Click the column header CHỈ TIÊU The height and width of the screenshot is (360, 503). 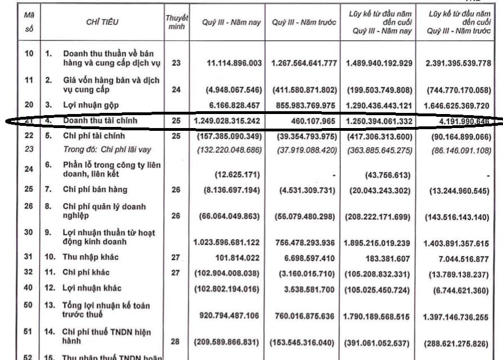(x=103, y=22)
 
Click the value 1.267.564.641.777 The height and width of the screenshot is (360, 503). (x=304, y=63)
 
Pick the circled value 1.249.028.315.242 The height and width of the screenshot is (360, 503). (x=227, y=121)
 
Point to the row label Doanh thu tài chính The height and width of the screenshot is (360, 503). (x=100, y=120)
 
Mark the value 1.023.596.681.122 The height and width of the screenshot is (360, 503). (x=227, y=242)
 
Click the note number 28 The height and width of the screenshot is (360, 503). (x=176, y=341)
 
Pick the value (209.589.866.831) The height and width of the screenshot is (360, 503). (x=227, y=341)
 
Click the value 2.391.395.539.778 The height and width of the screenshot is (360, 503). (x=459, y=63)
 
